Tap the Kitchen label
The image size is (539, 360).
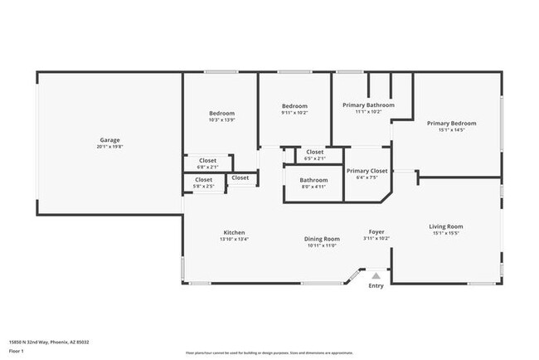[234, 232]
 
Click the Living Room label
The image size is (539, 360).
[445, 226]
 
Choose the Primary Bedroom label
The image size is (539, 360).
[451, 124]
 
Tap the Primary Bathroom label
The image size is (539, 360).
[368, 105]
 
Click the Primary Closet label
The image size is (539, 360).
[367, 170]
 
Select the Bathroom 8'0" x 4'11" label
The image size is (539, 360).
[313, 180]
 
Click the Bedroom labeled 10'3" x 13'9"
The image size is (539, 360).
[221, 114]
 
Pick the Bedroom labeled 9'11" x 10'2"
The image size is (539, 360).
[294, 106]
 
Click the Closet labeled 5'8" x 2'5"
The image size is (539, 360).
[204, 180]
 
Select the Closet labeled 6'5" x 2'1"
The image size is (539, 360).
[315, 153]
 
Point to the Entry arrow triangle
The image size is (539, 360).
[376, 275]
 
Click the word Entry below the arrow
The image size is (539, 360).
[376, 286]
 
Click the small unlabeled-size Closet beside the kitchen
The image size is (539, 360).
[240, 178]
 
